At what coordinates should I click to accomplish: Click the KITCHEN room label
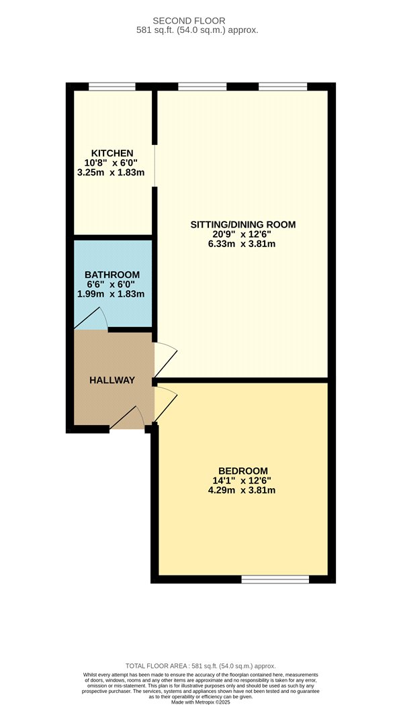112,153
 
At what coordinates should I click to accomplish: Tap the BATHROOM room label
112,274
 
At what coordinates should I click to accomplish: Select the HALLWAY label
112,380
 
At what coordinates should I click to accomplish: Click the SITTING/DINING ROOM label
243,224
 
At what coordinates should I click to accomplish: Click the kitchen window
112,87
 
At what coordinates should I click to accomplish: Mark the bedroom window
275,579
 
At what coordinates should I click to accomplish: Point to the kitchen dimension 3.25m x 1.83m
111,172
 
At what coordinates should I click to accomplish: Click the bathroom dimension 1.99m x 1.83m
111,294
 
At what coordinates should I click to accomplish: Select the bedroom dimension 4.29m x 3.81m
242,490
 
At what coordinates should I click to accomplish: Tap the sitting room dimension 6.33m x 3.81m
242,244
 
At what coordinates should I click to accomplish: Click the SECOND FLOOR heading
189,21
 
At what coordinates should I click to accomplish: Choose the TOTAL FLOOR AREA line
200,666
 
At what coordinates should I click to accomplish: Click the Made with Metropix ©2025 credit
200,702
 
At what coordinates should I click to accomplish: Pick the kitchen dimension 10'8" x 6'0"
111,162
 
